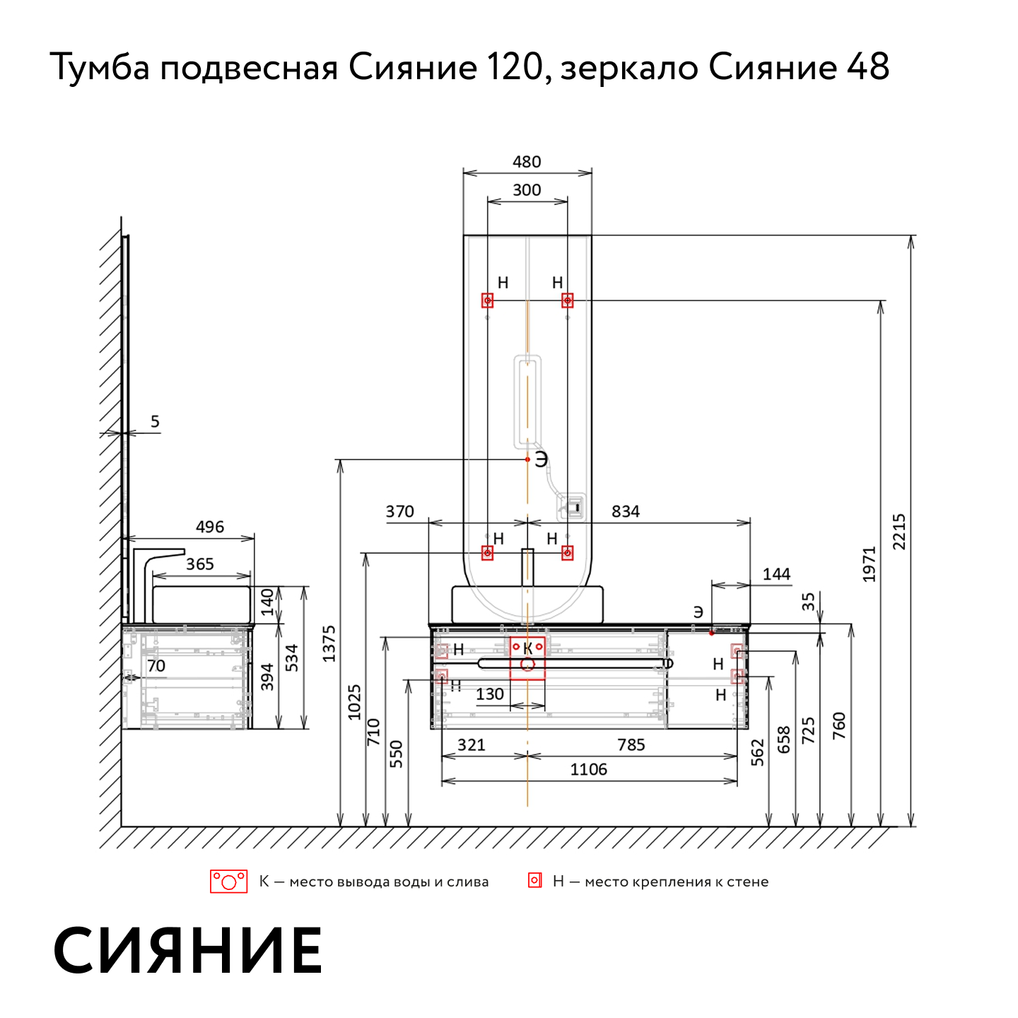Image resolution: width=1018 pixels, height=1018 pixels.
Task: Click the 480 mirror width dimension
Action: pos(526,162)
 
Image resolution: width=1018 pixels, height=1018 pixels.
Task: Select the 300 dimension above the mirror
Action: pos(526,189)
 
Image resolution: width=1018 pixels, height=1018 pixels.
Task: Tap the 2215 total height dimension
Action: pos(899,532)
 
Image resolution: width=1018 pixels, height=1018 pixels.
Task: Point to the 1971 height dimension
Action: pos(869,564)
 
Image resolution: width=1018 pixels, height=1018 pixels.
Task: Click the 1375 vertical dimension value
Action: pos(329,643)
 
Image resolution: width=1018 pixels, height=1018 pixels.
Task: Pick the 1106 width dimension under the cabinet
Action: pos(588,769)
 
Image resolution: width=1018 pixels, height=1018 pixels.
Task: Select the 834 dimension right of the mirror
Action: pos(625,511)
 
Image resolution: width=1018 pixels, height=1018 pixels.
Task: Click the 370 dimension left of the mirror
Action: pos(399,511)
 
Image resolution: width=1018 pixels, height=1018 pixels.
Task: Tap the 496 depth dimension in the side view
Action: pos(210,526)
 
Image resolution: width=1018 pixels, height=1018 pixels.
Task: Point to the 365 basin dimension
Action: pos(199,563)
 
